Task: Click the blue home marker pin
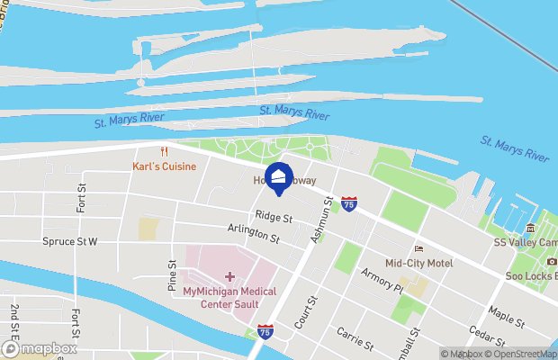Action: [278, 177]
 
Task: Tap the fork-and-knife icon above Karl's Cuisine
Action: [163, 151]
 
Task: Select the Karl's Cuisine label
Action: [164, 166]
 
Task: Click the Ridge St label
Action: [274, 217]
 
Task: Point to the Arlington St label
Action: [254, 235]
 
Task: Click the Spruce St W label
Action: [69, 241]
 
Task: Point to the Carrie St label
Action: [355, 338]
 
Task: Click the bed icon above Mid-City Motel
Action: [418, 248]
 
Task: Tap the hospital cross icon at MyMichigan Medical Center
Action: [229, 276]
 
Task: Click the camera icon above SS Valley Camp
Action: [530, 228]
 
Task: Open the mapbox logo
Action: [40, 348]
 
